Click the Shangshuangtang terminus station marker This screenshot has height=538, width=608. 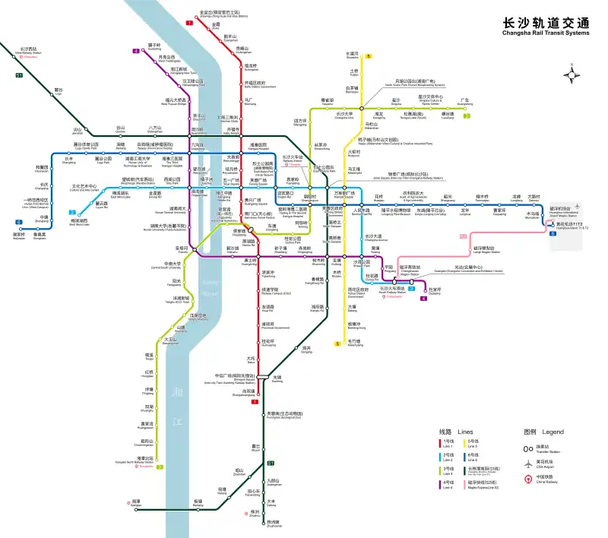point(255,393)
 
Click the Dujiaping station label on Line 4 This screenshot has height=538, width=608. point(434,291)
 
